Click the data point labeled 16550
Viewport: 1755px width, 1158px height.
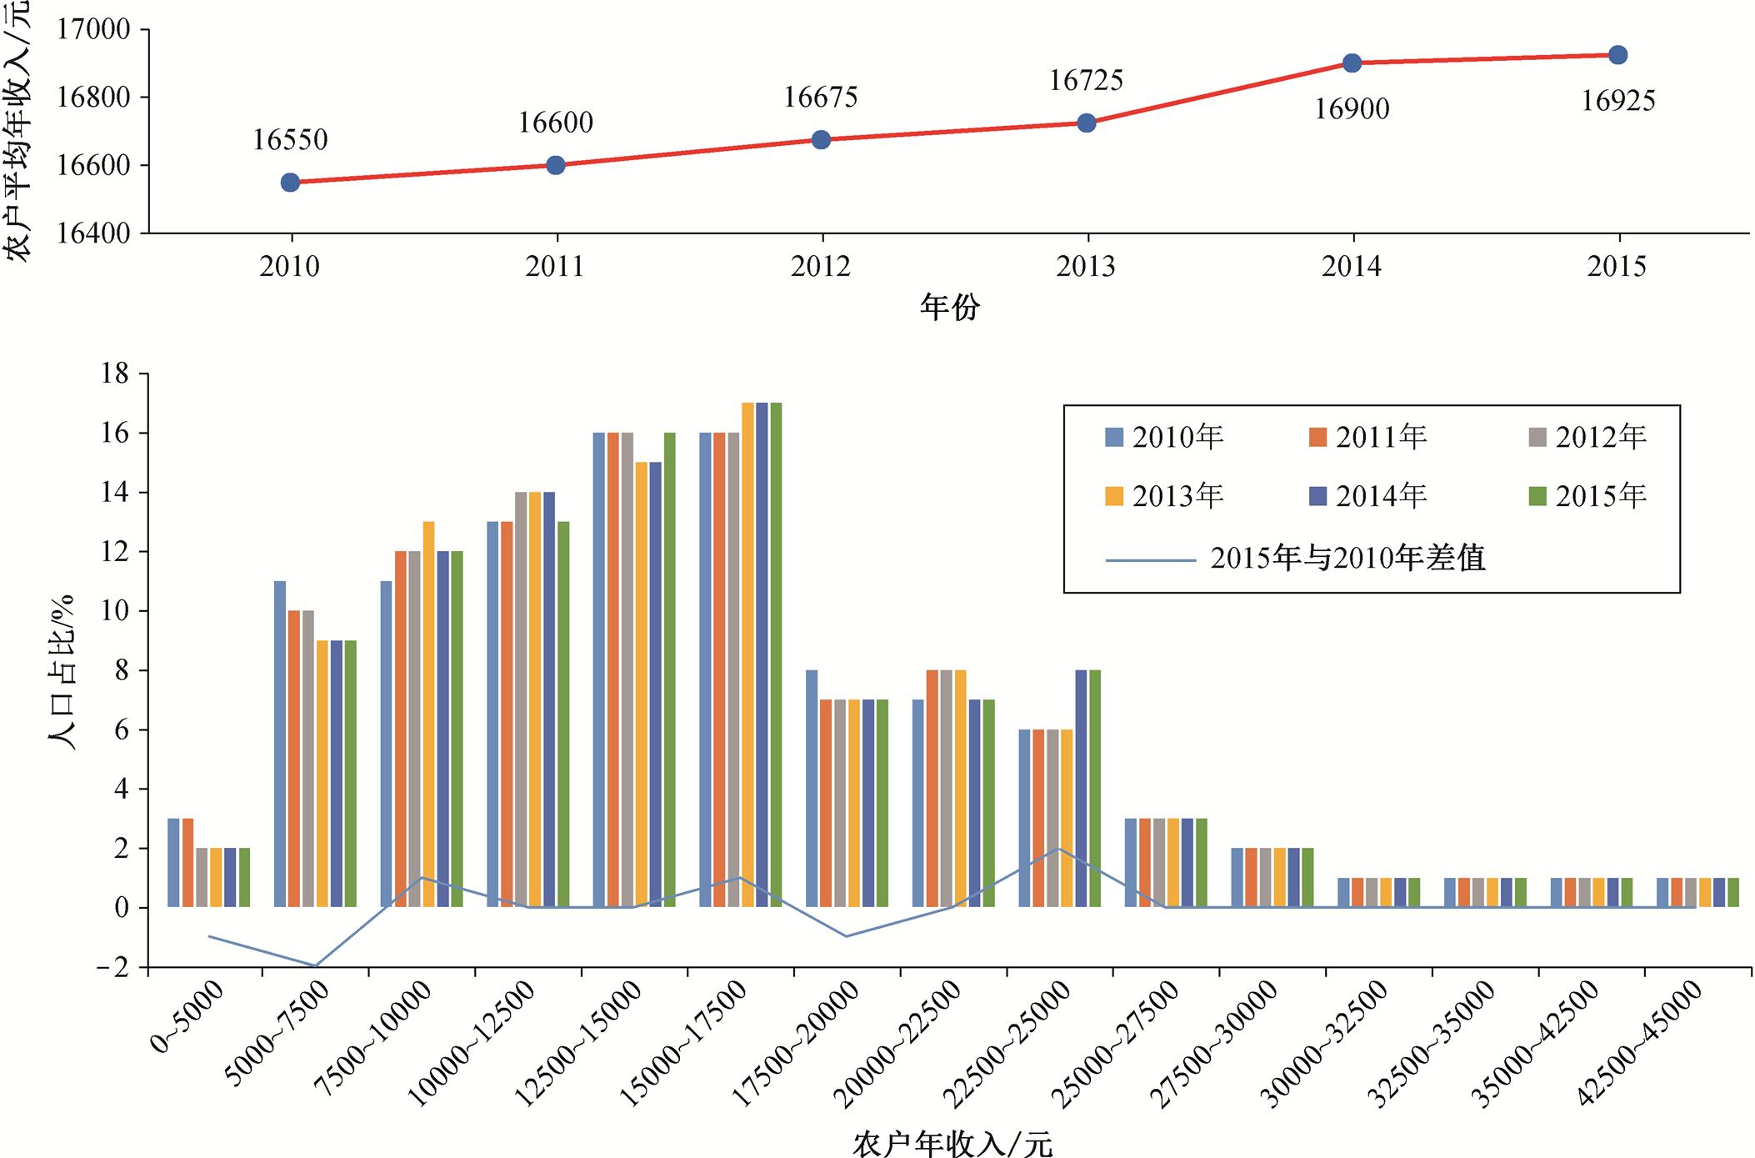tap(290, 183)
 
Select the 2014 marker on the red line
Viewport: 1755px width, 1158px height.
tap(1352, 63)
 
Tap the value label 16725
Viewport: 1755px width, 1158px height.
tap(1086, 81)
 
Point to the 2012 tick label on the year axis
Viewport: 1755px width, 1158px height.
tap(821, 267)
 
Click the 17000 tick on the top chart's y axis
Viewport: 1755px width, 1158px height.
tap(92, 30)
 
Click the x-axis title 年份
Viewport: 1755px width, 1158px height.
tap(949, 308)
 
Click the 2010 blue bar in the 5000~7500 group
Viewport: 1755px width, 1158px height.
tap(280, 744)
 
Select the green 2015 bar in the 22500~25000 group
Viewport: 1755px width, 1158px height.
tap(1095, 788)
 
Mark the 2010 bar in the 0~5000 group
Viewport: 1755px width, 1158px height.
tap(173, 862)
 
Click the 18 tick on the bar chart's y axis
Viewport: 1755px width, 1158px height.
tap(115, 374)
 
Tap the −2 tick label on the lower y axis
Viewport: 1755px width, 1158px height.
tap(112, 968)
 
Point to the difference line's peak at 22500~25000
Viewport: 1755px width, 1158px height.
tap(1058, 849)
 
